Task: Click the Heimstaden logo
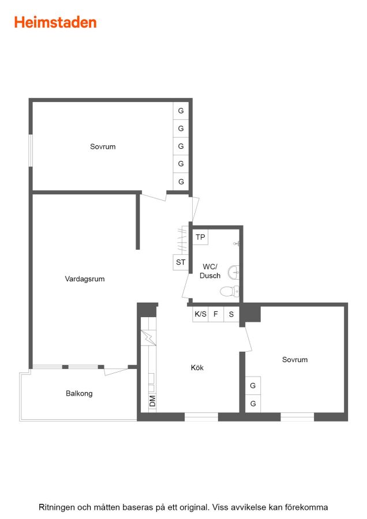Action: pyautogui.click(x=55, y=22)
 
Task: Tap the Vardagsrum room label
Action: pyautogui.click(x=85, y=279)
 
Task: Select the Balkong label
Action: pyautogui.click(x=79, y=393)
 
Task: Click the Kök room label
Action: pyautogui.click(x=197, y=367)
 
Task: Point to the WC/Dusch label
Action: pyautogui.click(x=210, y=271)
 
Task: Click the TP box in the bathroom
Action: pyautogui.click(x=200, y=237)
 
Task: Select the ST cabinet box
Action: pyautogui.click(x=181, y=262)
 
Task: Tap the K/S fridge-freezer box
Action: pyautogui.click(x=200, y=314)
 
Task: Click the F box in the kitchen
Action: pyautogui.click(x=216, y=314)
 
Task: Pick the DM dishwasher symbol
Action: pyautogui.click(x=152, y=401)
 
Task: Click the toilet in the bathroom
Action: pyautogui.click(x=229, y=292)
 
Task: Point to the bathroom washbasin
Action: pyautogui.click(x=233, y=272)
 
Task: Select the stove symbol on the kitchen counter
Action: pyautogui.click(x=148, y=337)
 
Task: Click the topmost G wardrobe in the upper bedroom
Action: pyautogui.click(x=181, y=111)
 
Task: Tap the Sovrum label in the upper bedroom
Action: pyautogui.click(x=103, y=146)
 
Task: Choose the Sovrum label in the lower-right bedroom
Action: pyautogui.click(x=295, y=359)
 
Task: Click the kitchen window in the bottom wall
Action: pyautogui.click(x=201, y=417)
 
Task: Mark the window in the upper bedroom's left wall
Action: pyautogui.click(x=31, y=151)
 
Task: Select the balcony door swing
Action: pyautogui.click(x=116, y=371)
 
